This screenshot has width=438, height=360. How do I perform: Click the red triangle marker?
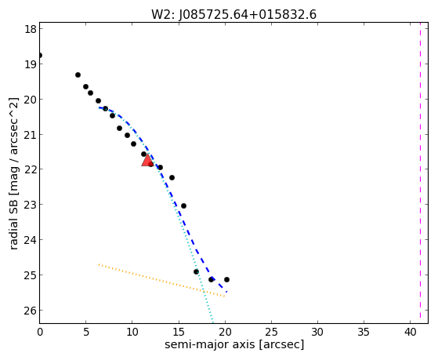pos(147,160)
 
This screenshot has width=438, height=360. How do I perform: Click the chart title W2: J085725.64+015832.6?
pos(233,14)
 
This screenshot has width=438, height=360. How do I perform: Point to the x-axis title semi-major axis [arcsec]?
pos(234,344)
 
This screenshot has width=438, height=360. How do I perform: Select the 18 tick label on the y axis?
pos(31,29)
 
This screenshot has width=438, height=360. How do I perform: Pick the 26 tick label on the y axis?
pos(31,311)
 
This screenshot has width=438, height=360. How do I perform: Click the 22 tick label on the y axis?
pos(31,169)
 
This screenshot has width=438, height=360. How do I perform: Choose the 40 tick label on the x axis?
pos(410,333)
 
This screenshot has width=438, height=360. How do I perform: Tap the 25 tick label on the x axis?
pos(271,333)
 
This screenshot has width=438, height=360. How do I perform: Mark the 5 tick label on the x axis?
pos(86,333)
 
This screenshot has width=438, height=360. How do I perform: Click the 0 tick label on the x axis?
pos(40,333)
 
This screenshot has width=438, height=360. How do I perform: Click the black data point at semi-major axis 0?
pos(40,55)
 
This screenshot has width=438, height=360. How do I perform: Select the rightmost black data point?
pos(226,279)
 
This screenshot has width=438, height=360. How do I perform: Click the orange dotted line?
pos(161,280)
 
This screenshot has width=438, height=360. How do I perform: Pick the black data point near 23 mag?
pos(183,205)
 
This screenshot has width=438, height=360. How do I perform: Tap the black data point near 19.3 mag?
pos(78,75)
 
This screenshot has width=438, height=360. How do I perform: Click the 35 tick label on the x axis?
pos(364,333)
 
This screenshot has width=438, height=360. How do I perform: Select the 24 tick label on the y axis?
pos(31,240)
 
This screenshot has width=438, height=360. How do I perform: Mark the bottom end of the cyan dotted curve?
pos(213,323)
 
